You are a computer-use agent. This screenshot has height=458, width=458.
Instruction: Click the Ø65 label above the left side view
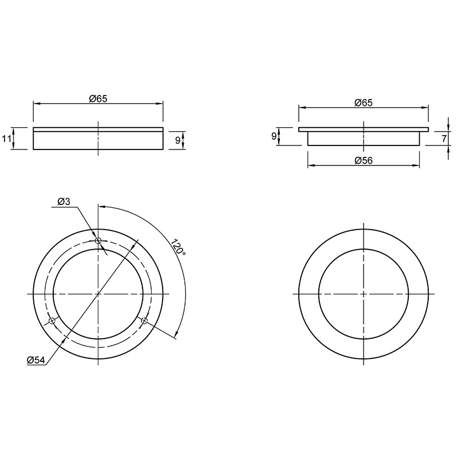[98, 98]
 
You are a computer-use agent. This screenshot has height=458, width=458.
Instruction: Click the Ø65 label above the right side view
[364, 103]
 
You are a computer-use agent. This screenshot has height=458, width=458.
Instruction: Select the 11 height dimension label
[6, 139]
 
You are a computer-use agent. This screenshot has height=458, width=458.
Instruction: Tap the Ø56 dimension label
[364, 160]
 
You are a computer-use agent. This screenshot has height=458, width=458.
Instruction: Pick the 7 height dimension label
[444, 139]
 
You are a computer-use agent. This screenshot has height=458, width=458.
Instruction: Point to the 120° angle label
[178, 248]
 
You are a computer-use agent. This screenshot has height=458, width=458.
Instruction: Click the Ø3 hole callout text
[64, 202]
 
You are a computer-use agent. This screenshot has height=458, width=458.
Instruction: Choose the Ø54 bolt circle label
[35, 360]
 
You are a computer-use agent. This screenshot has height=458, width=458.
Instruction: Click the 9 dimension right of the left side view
[177, 140]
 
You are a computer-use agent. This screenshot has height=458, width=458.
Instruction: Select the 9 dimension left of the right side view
[274, 136]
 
